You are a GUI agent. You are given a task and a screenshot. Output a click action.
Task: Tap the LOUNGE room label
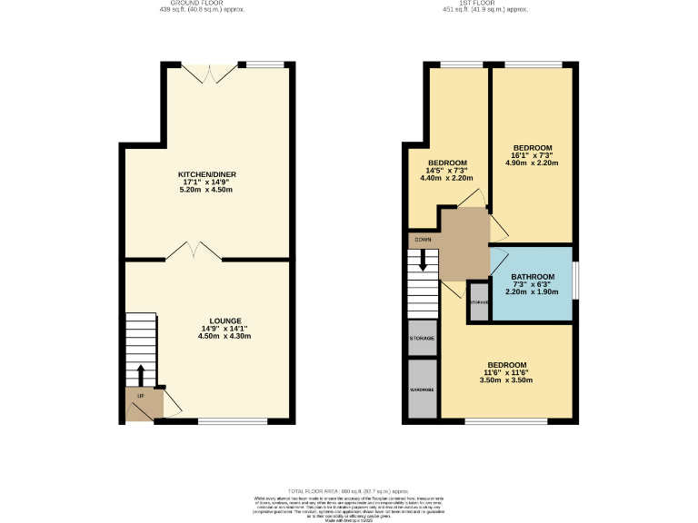pos(225,321)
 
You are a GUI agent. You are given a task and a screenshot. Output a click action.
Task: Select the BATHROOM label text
pos(532,277)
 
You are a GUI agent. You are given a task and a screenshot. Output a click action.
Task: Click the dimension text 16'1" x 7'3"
pos(532,155)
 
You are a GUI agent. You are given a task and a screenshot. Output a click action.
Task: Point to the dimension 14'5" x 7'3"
pos(446,171)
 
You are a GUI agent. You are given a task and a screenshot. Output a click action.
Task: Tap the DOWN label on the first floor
pos(423,240)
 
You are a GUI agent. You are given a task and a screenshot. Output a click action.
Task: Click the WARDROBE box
pos(423,389)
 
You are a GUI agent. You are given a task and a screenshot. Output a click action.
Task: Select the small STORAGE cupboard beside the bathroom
pos(478,301)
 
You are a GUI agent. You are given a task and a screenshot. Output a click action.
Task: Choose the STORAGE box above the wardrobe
pos(423,338)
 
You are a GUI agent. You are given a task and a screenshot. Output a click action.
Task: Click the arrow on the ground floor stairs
pos(141,375)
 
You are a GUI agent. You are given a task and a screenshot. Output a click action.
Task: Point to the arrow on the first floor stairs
pos(423,261)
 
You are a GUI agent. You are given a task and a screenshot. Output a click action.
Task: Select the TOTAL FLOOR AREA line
pos(350,489)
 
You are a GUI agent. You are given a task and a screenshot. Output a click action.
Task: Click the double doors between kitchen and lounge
pos(194,250)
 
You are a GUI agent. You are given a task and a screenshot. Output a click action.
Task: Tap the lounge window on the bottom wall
pos(233,420)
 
